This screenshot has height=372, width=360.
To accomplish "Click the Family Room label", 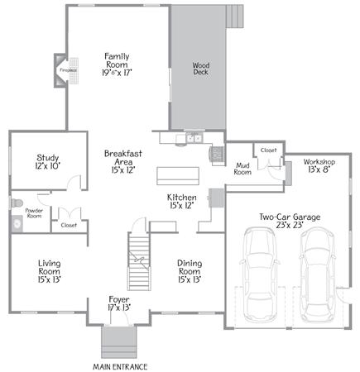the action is (x=117, y=64).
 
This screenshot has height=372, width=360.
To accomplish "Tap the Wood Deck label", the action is (x=201, y=69).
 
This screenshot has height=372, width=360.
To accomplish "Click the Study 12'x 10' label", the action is (x=48, y=162).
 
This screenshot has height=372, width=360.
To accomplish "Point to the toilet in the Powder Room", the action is (x=17, y=203).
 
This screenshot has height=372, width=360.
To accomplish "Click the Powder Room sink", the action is (x=17, y=224).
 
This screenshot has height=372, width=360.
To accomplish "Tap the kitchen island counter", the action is (x=178, y=176).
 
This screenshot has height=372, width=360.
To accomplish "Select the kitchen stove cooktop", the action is (x=217, y=154).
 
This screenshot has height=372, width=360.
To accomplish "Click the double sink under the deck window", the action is (x=194, y=138).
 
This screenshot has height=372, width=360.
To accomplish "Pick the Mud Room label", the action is (x=242, y=169).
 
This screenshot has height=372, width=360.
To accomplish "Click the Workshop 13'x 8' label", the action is (x=319, y=165).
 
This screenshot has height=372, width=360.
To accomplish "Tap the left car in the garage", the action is (x=260, y=274).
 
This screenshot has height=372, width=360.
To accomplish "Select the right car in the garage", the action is (x=317, y=274).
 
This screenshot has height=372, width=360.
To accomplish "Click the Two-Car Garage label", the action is (x=290, y=221).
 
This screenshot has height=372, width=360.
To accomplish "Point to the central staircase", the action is (x=139, y=261).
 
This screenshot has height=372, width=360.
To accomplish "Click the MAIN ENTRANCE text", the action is (x=120, y=367).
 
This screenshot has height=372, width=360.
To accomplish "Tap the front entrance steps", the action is (x=119, y=342).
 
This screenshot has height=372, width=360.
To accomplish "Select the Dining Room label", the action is (x=190, y=271).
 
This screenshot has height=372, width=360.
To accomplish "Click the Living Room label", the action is (x=49, y=271).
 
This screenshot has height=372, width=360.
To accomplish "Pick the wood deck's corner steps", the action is (x=235, y=17).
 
